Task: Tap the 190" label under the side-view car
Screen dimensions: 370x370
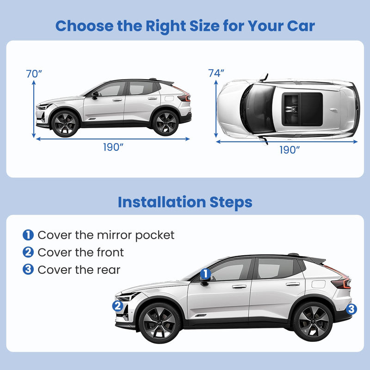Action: click(x=113, y=148)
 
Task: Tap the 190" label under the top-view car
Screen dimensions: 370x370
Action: click(x=290, y=149)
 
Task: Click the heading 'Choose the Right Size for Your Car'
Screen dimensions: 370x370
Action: click(x=185, y=26)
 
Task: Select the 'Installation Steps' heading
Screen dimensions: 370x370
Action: click(x=185, y=202)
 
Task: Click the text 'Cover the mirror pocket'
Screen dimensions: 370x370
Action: click(x=106, y=235)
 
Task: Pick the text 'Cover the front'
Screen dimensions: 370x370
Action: click(x=80, y=253)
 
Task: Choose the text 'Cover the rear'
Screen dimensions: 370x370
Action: click(x=79, y=270)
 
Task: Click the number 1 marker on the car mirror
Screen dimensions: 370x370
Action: click(x=206, y=275)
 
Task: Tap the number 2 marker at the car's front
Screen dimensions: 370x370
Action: click(x=118, y=306)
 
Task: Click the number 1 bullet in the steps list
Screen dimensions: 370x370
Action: click(x=28, y=235)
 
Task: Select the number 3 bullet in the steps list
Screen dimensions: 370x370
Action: click(x=28, y=270)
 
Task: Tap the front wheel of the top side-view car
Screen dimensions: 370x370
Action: click(x=65, y=123)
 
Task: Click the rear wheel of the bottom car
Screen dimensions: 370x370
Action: click(x=312, y=321)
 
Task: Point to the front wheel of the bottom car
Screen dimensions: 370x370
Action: click(x=159, y=322)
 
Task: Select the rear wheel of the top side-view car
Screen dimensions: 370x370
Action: click(x=165, y=123)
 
